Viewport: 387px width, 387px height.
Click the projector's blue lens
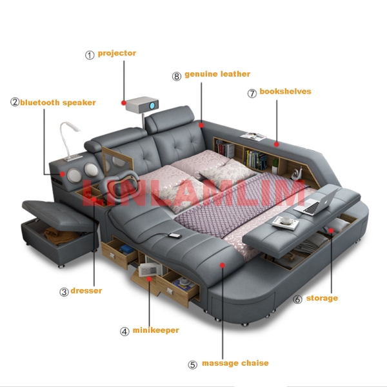(152, 106)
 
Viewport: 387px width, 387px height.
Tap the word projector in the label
(117, 54)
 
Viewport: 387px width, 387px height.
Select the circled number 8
(177, 76)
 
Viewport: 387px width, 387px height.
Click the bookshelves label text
(285, 92)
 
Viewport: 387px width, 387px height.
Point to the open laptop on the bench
(316, 201)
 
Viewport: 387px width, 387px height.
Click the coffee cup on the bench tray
(286, 220)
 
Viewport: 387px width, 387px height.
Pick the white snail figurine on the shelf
(296, 174)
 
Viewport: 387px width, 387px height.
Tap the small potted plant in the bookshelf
(275, 165)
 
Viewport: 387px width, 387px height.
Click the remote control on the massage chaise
(175, 236)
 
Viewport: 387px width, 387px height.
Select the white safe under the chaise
(148, 270)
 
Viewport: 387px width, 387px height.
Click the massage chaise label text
(235, 363)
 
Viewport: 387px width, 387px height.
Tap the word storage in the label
(322, 298)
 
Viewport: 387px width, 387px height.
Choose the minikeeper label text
(155, 330)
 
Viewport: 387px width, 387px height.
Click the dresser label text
(86, 290)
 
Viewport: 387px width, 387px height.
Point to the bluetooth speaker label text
(58, 103)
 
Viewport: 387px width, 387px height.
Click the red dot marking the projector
(124, 103)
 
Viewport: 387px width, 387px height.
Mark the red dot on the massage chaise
(223, 265)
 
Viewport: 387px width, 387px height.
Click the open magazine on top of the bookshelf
(253, 137)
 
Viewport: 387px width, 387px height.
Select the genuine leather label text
(217, 74)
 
